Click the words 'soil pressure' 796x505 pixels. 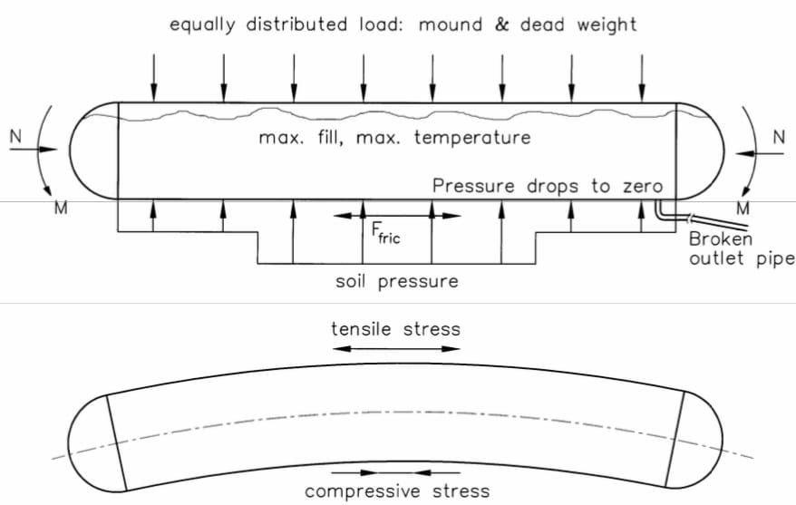point(397,281)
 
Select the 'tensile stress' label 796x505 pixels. point(396,328)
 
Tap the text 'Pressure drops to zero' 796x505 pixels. point(548,186)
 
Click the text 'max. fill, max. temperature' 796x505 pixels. point(394,139)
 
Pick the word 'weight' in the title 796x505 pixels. point(605,24)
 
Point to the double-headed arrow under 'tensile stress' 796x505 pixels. point(396,349)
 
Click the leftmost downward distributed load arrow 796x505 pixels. point(153,78)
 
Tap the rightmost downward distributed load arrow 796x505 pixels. point(641,78)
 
